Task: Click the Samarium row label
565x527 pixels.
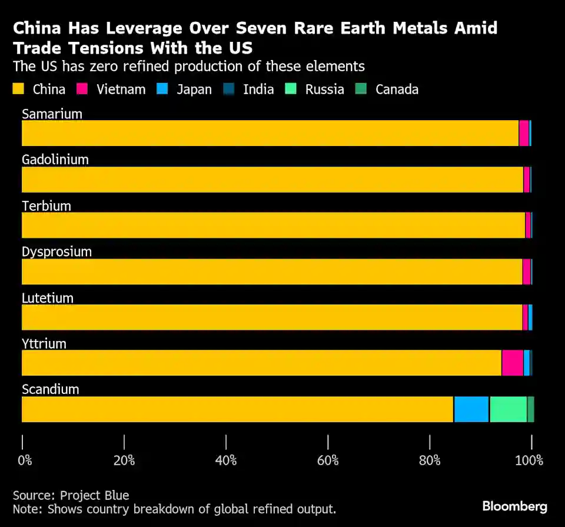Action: tap(52, 114)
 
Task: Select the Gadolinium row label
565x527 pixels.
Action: tap(55, 160)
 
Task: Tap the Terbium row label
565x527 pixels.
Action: tap(46, 206)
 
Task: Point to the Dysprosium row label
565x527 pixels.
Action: tap(56, 251)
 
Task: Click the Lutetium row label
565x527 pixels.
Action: tap(47, 297)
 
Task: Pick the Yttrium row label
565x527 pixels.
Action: tap(44, 343)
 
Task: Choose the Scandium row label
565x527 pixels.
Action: tap(50, 389)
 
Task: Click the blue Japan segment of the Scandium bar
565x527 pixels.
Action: tap(471, 409)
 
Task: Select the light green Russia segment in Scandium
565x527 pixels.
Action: tap(508, 409)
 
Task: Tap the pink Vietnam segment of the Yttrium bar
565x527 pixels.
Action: tap(512, 363)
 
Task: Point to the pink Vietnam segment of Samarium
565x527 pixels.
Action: tap(523, 133)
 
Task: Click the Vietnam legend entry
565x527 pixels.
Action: tap(121, 90)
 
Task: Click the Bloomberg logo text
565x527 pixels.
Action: tap(514, 506)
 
